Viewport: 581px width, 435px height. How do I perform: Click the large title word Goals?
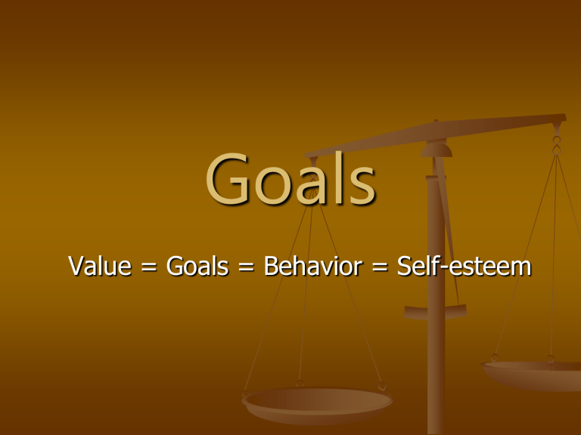point(290,179)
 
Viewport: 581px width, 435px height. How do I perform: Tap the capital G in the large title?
point(227,179)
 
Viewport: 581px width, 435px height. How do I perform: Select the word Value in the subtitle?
point(100,266)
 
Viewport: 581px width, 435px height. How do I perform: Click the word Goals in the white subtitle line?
point(197,266)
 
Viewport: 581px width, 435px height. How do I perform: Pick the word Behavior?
point(312,266)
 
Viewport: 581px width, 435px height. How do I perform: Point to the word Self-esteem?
point(464,266)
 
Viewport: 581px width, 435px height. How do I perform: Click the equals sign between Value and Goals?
point(149,267)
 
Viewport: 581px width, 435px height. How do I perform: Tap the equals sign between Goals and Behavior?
point(246,267)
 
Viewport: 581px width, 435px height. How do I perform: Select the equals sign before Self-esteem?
point(380,267)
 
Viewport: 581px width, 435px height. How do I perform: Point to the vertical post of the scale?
point(436,296)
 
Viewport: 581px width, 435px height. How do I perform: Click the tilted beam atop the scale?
point(436,135)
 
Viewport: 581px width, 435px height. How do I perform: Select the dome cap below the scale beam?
point(437,150)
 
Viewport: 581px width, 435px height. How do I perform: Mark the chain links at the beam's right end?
point(557,145)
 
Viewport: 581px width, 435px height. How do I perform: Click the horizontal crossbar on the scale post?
point(436,312)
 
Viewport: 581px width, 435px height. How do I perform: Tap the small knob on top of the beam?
point(436,121)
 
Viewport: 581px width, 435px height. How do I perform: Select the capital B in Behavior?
point(272,266)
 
